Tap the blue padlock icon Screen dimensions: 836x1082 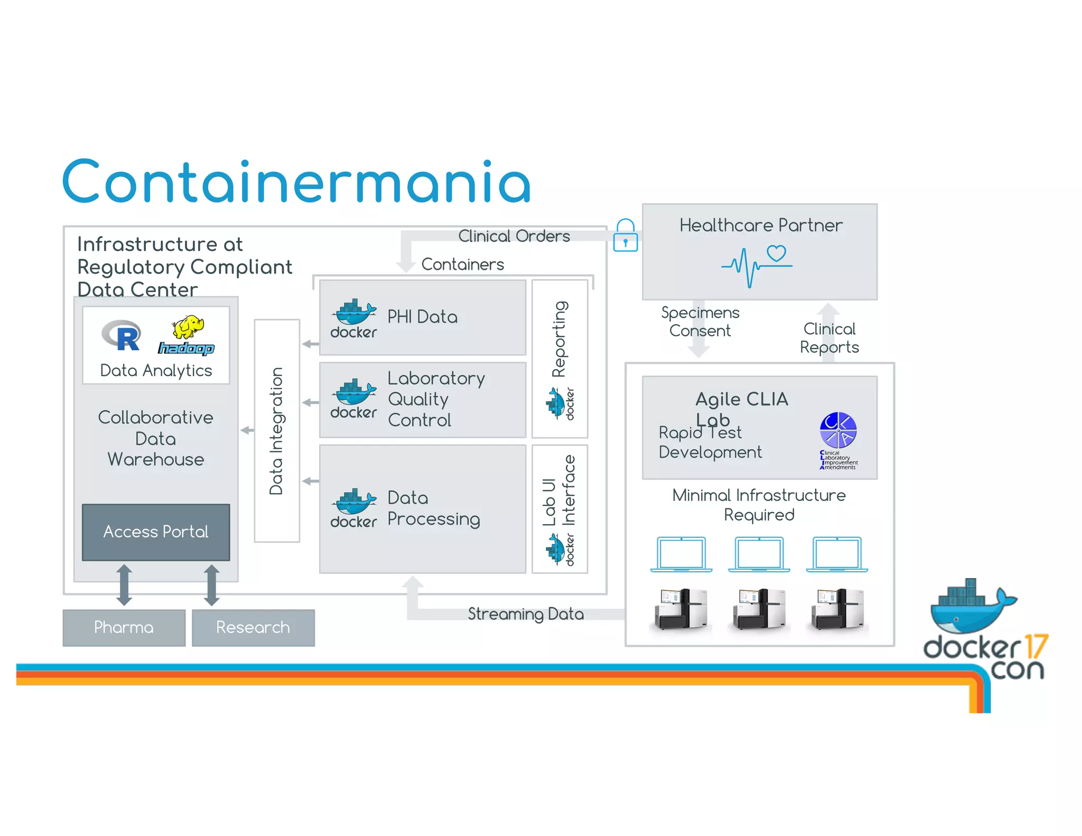point(625,236)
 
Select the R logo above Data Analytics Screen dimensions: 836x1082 point(123,336)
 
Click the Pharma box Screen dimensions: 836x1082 point(124,627)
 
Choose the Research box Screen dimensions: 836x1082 point(253,627)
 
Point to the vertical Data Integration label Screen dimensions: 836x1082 point(276,431)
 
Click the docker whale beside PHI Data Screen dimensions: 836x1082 point(354,313)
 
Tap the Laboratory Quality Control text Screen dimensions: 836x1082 point(436,399)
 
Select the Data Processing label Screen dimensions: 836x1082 point(433,508)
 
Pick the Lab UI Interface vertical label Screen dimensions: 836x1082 point(559,490)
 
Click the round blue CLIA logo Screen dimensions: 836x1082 point(837,430)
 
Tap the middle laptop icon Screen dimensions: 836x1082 point(759,554)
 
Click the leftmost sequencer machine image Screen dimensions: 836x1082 point(680,609)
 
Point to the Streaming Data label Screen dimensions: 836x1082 point(526,614)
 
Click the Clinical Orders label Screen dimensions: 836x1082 point(514,236)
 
